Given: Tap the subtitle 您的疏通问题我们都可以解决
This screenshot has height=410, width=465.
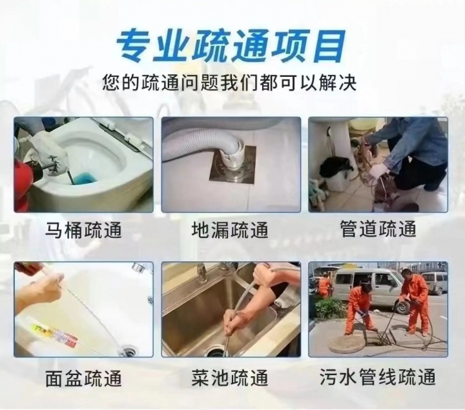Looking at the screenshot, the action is (x=229, y=82).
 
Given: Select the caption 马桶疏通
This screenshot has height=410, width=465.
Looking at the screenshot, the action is (x=83, y=230).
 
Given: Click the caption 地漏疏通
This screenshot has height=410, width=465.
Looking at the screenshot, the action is (x=230, y=230).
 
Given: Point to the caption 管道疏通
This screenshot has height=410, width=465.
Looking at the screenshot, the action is (x=378, y=228).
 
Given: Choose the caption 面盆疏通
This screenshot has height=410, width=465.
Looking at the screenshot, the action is (x=83, y=378).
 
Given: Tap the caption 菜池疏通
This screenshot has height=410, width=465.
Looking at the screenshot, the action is (x=230, y=378).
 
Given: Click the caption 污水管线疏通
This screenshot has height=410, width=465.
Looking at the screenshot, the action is (x=378, y=376).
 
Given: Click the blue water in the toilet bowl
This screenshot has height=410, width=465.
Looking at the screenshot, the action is (x=84, y=178).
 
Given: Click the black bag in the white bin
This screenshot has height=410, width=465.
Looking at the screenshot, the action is (x=337, y=167).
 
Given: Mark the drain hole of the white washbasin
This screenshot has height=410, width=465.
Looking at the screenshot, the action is (x=129, y=352).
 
